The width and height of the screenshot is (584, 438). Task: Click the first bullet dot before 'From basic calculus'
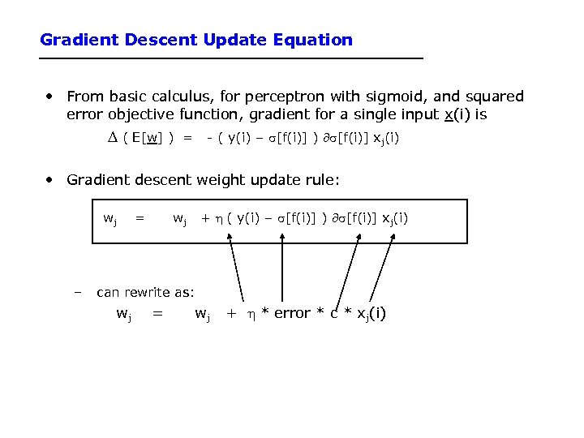[50, 97]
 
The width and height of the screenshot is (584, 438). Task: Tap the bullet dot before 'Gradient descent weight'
[50, 179]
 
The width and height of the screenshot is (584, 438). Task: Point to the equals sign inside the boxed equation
[140, 217]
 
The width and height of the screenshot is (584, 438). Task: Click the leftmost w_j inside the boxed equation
[109, 218]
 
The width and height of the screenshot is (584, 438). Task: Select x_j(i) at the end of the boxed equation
[393, 218]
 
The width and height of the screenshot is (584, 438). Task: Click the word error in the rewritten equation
[292, 313]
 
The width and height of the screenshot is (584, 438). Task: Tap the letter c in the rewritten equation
[333, 313]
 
